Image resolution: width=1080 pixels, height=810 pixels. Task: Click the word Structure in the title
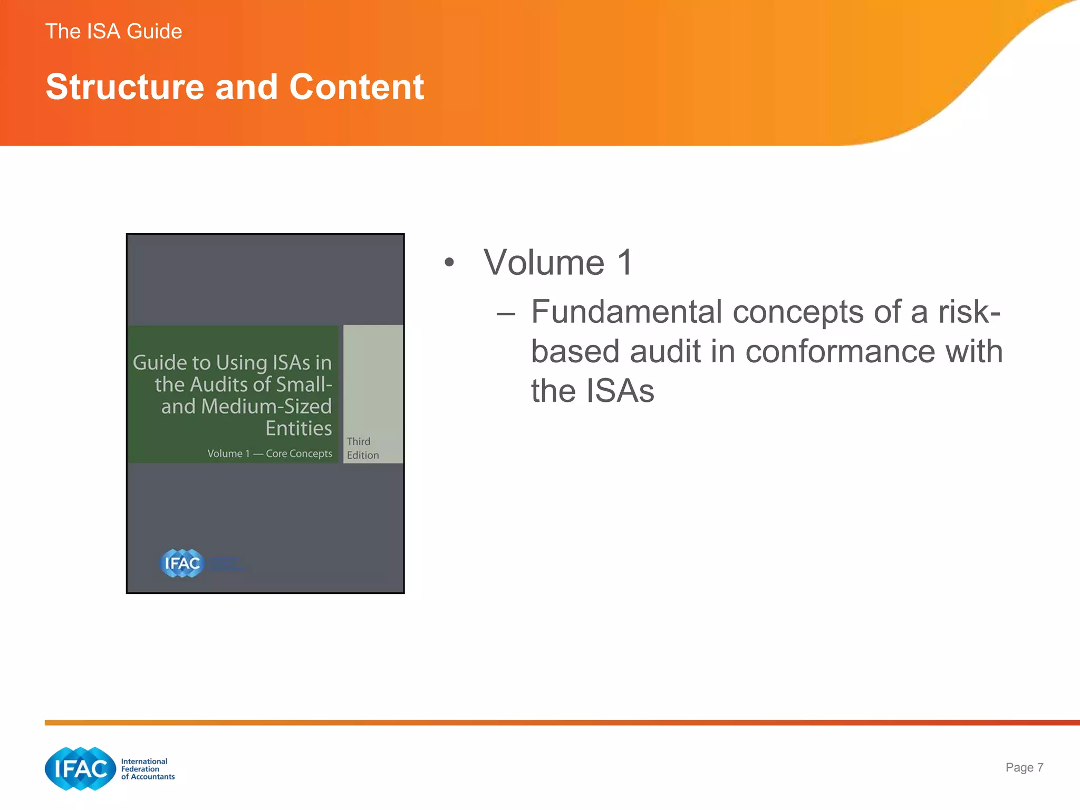pos(124,87)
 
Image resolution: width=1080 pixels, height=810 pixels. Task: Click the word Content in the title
pos(356,87)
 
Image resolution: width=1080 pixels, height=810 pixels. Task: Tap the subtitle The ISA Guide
pos(113,32)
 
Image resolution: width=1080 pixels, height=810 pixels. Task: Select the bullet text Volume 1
pos(557,262)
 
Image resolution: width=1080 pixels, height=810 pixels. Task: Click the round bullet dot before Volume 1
pos(449,262)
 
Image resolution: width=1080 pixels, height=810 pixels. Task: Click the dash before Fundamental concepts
pos(505,314)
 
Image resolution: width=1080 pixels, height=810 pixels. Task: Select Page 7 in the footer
pos(1024,767)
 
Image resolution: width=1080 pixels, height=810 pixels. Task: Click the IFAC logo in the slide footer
pos(80,768)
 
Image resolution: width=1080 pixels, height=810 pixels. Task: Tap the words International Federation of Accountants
pos(147,769)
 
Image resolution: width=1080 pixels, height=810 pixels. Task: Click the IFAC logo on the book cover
pos(181,563)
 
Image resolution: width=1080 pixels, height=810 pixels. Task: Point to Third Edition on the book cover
pos(362,448)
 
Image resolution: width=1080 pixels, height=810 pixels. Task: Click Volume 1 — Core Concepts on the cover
pos(269,454)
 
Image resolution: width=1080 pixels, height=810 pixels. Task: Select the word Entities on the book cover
pos(298,428)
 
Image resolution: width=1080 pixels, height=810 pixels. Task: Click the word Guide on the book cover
pos(160,362)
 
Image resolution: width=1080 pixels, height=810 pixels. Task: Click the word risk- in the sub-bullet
pos(969,312)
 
